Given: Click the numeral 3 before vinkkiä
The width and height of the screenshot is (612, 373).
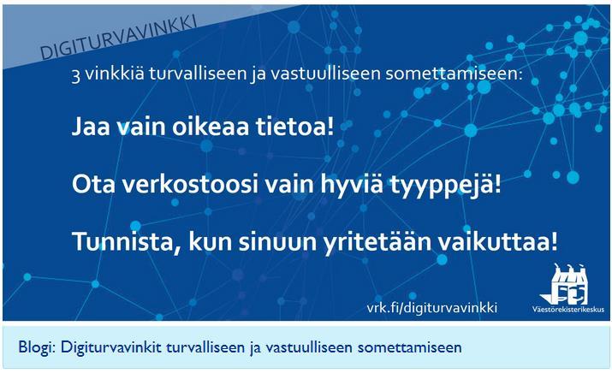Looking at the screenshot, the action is click(x=75, y=75).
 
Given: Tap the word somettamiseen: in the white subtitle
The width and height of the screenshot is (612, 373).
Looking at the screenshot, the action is click(x=454, y=74).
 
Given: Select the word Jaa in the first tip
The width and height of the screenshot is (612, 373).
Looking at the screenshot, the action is click(x=91, y=127).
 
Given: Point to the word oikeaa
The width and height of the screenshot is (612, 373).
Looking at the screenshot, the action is click(x=211, y=127).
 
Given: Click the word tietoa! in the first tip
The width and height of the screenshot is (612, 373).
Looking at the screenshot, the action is click(x=295, y=127).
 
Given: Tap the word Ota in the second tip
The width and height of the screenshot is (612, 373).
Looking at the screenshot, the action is click(x=93, y=184).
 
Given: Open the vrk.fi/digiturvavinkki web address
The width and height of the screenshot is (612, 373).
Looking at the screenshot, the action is click(x=432, y=308).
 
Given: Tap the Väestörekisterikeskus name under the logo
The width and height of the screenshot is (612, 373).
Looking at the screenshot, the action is click(x=568, y=310).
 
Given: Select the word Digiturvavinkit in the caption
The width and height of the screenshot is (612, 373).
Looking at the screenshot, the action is click(x=111, y=346).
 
